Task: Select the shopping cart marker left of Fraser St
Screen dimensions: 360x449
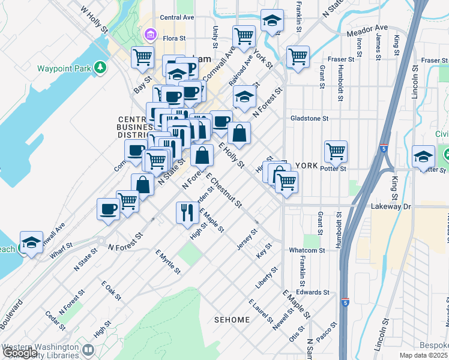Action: [298, 58]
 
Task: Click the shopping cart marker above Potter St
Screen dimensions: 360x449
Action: [336, 151]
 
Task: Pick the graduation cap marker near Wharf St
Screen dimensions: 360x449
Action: [31, 242]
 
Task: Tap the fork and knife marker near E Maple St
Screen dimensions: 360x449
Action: [186, 211]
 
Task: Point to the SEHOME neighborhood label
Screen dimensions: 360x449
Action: [232, 320]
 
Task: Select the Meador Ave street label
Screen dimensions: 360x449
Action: [372, 28]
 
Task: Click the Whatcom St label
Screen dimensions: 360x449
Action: [307, 250]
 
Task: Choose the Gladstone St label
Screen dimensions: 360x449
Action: [309, 119]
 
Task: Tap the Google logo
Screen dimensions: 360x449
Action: [20, 353]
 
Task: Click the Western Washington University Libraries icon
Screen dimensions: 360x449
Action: [88, 349]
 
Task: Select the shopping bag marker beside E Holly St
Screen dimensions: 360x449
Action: [239, 136]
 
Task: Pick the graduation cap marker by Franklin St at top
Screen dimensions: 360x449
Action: [272, 22]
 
